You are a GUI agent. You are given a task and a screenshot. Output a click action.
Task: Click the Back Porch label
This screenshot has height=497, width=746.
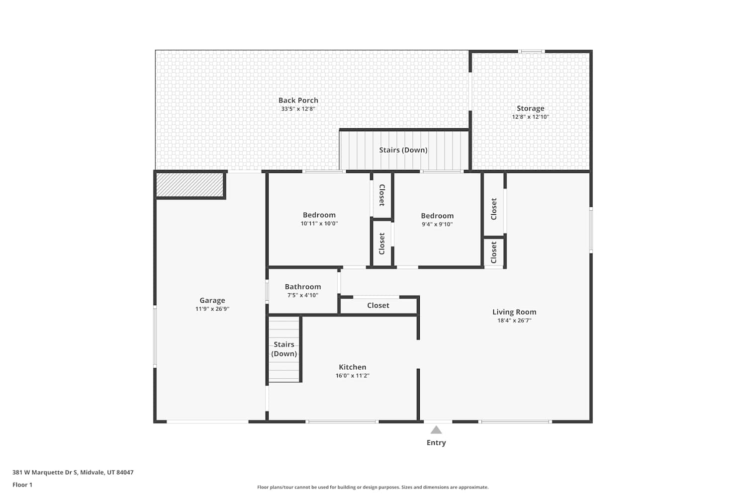tap(298, 100)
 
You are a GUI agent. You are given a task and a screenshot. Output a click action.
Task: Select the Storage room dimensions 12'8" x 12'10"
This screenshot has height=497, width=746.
tap(531, 117)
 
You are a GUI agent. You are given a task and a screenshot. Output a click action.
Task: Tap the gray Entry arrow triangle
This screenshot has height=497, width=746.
tap(436, 430)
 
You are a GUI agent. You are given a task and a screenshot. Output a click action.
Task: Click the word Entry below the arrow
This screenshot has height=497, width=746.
tap(436, 443)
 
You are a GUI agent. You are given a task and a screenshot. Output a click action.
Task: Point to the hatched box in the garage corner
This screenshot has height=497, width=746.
tap(189, 185)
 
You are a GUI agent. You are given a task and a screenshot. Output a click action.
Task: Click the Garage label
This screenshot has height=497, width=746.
tap(212, 300)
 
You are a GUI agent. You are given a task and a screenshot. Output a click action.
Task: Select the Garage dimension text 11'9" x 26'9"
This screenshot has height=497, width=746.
tap(212, 309)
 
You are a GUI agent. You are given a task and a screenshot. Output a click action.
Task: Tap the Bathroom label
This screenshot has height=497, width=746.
tap(303, 287)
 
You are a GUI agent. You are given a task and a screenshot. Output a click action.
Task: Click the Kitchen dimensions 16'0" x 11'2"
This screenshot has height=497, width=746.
tap(352, 376)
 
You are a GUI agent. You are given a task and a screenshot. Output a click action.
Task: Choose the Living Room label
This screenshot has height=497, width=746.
tap(514, 312)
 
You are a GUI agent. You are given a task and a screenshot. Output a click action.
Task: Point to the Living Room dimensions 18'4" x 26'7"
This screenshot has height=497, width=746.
tap(514, 321)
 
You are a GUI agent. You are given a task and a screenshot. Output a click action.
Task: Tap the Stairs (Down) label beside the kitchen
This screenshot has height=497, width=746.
tap(284, 349)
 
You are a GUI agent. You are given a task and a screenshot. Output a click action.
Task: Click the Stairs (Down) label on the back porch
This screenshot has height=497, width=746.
tap(403, 150)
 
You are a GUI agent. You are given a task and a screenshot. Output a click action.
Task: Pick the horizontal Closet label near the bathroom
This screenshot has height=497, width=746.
tap(378, 305)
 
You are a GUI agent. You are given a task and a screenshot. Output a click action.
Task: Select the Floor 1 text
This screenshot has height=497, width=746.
tap(22, 485)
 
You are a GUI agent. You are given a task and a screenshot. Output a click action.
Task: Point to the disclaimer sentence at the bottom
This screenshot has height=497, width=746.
tap(373, 488)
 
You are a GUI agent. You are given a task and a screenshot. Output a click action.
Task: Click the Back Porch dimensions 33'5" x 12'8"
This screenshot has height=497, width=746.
tap(298, 109)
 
